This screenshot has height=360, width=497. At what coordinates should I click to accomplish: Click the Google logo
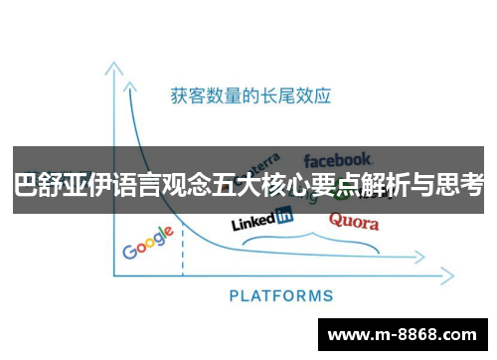point(148,242)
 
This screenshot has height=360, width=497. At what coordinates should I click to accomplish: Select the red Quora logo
point(353,221)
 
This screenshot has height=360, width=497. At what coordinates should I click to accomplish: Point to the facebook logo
point(338,159)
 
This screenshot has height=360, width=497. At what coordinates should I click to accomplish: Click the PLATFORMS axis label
point(281,295)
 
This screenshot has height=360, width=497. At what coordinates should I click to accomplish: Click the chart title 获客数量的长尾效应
point(250,95)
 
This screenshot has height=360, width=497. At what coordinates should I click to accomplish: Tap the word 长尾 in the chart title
point(274,95)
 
